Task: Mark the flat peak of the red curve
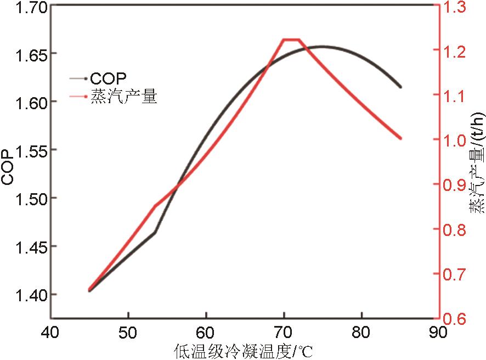[291, 40]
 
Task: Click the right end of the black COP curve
[400, 87]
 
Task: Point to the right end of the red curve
[400, 138]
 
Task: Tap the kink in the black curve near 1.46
[155, 233]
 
